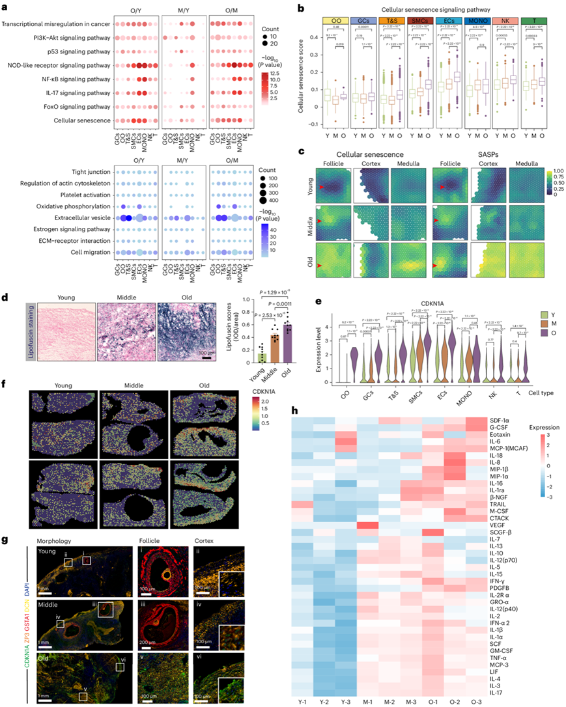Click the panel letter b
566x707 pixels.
(x=300, y=10)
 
